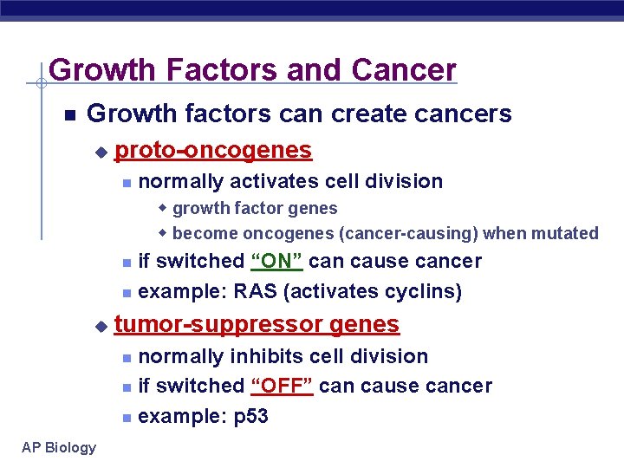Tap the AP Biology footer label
(x=60, y=447)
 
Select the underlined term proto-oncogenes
(x=213, y=150)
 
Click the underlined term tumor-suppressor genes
(x=257, y=324)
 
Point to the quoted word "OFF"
(x=282, y=386)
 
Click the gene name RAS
(x=256, y=291)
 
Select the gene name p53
(x=251, y=416)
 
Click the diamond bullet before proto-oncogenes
(x=101, y=152)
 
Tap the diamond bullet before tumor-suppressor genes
(x=101, y=326)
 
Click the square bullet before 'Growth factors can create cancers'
(x=70, y=114)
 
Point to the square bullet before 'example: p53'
(x=127, y=418)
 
